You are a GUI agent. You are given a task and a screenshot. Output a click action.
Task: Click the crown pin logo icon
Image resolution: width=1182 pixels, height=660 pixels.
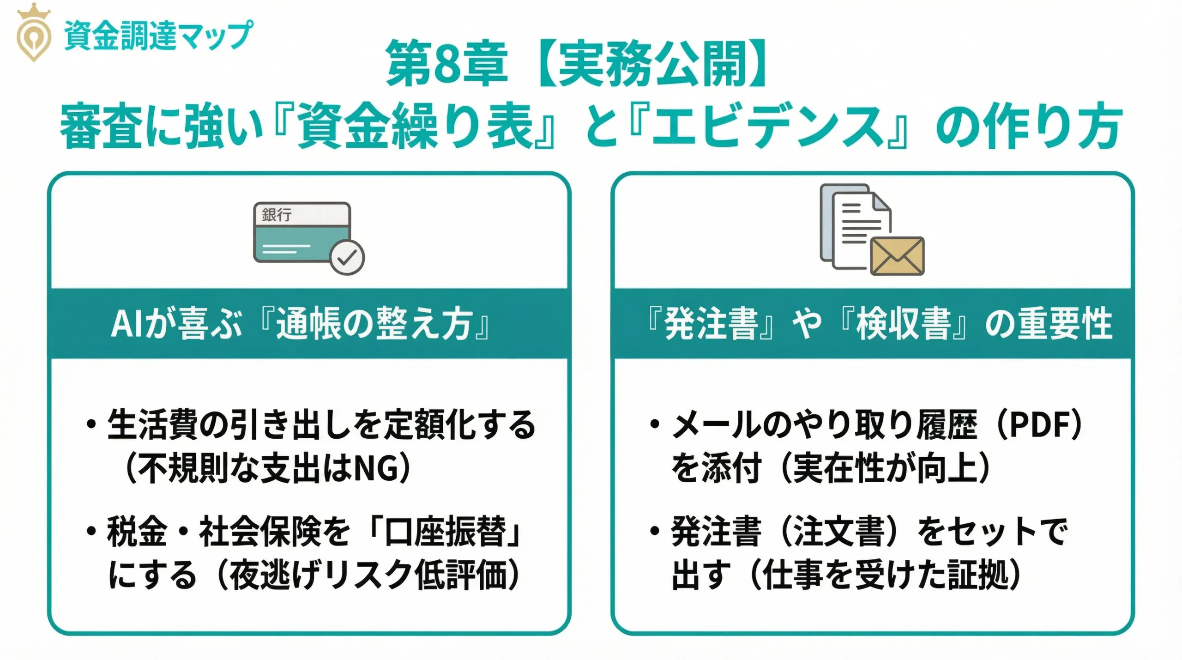[x=33, y=35]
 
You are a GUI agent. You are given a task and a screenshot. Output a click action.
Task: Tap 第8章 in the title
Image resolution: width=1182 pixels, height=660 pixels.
[x=446, y=64]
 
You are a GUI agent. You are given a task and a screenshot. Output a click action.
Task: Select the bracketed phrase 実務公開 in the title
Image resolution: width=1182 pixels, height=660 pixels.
[x=651, y=64]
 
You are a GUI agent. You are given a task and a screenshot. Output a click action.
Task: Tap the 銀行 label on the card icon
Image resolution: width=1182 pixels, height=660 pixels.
[x=277, y=215]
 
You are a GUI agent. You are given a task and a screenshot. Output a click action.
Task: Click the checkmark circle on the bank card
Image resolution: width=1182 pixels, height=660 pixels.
[x=347, y=257]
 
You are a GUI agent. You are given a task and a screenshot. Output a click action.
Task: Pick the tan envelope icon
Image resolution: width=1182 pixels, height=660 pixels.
[x=897, y=256]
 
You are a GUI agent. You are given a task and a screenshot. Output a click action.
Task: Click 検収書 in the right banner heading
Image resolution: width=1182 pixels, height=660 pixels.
[x=904, y=324]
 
